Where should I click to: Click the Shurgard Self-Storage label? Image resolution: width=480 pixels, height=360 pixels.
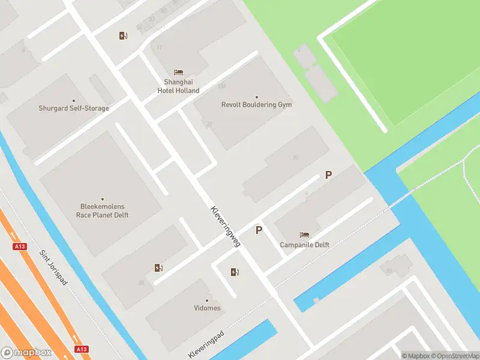[x=74, y=109]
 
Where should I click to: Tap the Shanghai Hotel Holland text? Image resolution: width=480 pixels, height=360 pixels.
[x=178, y=86]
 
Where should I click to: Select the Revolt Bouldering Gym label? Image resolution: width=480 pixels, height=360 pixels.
[x=256, y=104]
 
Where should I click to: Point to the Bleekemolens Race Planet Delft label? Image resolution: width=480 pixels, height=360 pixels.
[x=102, y=211]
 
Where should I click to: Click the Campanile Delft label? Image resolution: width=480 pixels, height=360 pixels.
[x=304, y=245]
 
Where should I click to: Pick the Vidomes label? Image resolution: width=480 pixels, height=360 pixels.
[x=208, y=308]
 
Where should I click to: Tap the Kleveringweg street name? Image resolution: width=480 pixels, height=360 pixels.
[x=226, y=227]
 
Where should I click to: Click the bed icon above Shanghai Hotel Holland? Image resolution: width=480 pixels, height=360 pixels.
[x=178, y=73]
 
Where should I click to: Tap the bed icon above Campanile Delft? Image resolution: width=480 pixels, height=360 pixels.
[x=304, y=235]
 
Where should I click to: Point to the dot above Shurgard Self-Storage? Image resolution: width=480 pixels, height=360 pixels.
[x=74, y=100]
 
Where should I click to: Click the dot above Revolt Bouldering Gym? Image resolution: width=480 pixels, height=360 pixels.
[x=256, y=97]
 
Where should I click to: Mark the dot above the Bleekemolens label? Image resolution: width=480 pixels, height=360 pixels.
[x=102, y=199]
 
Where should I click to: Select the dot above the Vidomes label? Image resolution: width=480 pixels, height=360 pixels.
[x=208, y=299]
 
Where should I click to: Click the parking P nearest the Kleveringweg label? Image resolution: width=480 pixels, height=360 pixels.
[x=259, y=230]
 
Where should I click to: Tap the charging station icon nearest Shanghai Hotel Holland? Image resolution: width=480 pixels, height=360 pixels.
[x=123, y=35]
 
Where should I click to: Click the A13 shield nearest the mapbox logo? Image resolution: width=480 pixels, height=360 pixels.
[x=82, y=349]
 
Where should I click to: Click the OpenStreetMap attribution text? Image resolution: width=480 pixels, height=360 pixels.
[x=456, y=356]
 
